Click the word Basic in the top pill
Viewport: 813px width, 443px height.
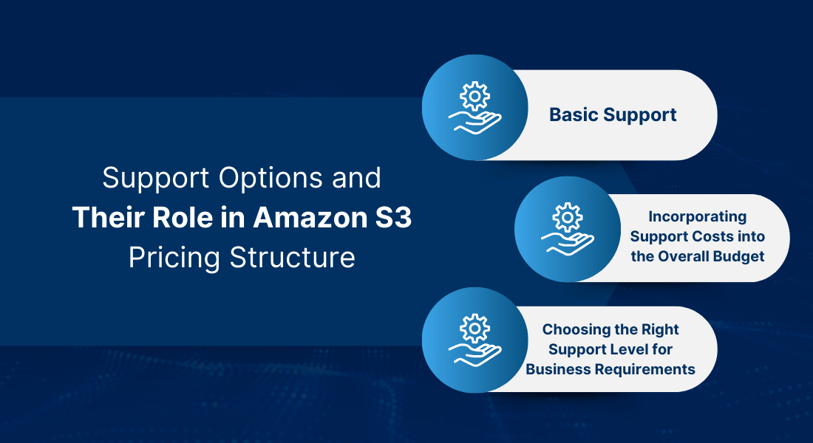574,115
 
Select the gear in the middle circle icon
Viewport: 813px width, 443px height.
567,217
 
